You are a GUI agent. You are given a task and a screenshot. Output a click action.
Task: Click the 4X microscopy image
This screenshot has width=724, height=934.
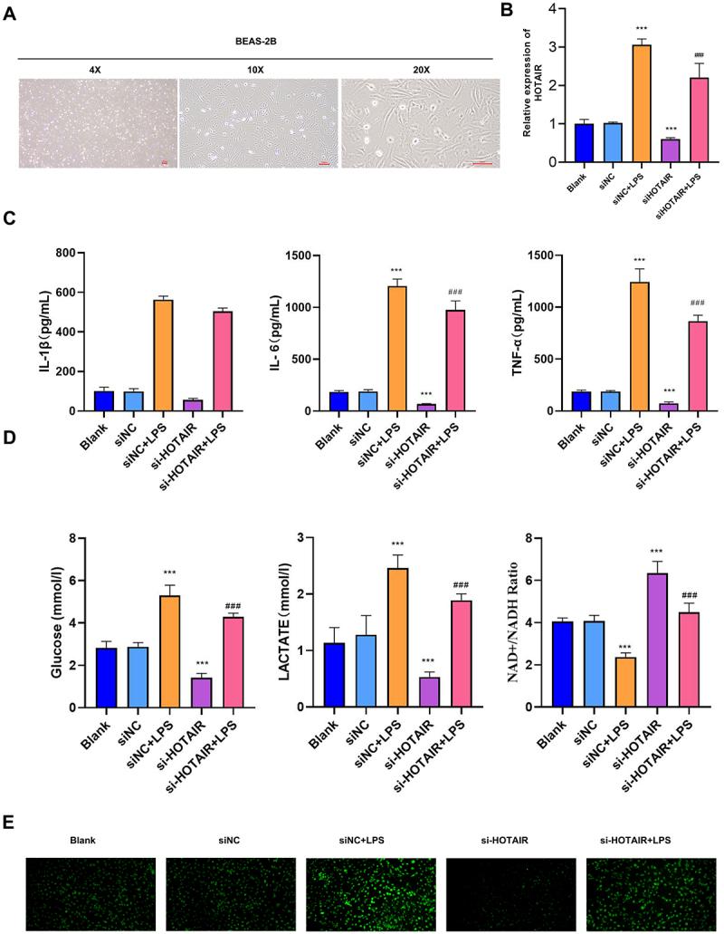[97, 122]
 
